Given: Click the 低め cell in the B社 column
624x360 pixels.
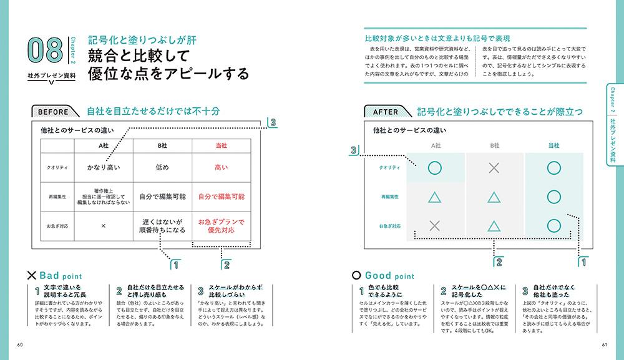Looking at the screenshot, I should coord(162,167).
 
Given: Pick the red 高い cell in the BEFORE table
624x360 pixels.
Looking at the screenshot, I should coord(221,167).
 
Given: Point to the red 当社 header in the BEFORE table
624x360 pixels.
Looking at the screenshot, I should coord(221,145).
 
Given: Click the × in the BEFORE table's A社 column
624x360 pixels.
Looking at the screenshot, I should coord(104,226).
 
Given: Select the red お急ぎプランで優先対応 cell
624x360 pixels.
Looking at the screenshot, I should coord(221,226).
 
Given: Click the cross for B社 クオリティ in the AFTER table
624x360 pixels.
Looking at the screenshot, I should coord(494,168).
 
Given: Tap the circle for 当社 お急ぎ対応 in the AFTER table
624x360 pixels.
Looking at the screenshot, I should coord(553,225).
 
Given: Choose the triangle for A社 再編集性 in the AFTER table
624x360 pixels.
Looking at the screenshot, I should coord(436,197).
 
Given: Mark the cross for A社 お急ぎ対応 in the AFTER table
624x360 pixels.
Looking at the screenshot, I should coord(436,225).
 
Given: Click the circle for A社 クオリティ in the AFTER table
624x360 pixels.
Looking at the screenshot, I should coord(436,168).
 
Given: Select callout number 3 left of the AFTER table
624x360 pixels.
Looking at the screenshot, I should coord(354,150).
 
